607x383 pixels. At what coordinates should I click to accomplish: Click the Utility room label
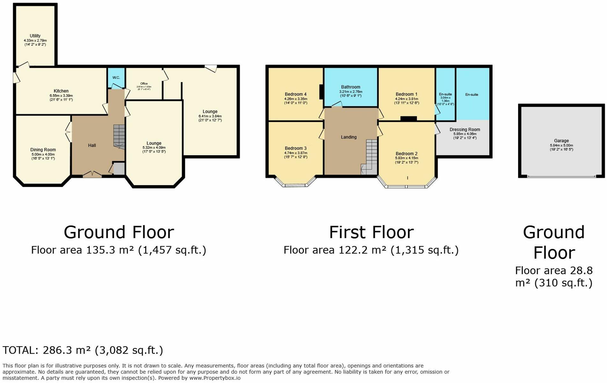(x=35, y=36)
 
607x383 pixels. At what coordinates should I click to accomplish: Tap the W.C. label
(x=116, y=78)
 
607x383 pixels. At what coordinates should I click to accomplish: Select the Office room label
(x=144, y=84)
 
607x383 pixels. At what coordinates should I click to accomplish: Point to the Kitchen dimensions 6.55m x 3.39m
(x=61, y=96)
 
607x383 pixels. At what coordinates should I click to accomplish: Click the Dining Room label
(x=43, y=150)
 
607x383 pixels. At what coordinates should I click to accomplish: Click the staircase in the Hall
(x=119, y=136)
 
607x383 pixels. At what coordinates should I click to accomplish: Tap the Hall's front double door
(x=92, y=174)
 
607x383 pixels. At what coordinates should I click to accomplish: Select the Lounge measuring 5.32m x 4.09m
(x=154, y=143)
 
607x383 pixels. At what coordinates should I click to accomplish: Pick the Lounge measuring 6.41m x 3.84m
(x=210, y=112)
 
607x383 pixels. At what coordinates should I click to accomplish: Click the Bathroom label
(x=350, y=87)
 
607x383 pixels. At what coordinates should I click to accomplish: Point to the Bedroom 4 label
(x=296, y=94)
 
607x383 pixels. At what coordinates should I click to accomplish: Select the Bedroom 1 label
(x=406, y=94)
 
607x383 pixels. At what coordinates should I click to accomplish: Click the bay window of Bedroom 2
(x=406, y=186)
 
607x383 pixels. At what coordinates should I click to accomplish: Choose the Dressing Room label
(x=464, y=130)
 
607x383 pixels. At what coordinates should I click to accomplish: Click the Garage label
(x=561, y=140)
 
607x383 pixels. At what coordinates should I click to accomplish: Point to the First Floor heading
(x=371, y=232)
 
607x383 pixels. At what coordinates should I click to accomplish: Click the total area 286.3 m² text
(x=83, y=350)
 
